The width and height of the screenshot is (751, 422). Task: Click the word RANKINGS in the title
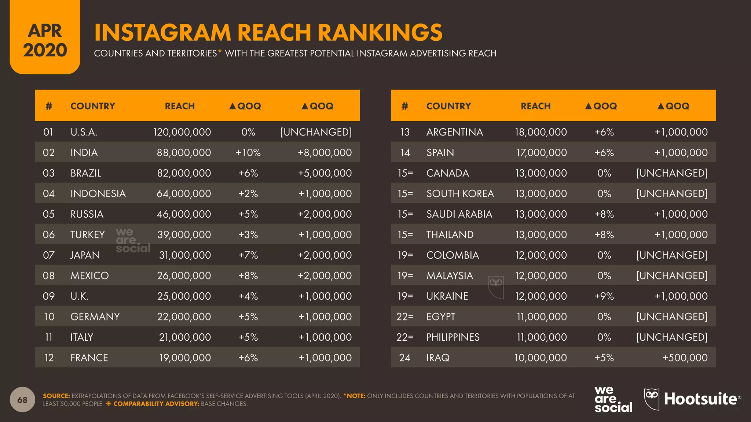click(380, 32)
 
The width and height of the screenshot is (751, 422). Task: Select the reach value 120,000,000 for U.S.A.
click(182, 132)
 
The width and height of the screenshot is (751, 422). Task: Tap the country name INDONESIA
click(98, 193)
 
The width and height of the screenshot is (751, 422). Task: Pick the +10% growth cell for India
click(248, 152)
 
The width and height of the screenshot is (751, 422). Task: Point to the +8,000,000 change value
click(325, 152)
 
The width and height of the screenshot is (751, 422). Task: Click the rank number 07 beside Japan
click(48, 255)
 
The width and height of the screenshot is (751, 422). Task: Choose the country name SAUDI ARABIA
click(459, 214)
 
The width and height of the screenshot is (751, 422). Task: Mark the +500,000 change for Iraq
click(685, 358)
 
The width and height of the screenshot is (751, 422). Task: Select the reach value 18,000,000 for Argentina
click(541, 132)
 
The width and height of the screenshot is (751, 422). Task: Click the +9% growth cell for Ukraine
click(604, 296)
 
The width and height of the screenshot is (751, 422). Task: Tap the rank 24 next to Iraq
click(404, 358)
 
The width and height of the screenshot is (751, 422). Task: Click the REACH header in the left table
click(180, 106)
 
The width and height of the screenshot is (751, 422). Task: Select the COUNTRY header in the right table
click(448, 106)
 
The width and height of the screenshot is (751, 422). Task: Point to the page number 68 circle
click(22, 400)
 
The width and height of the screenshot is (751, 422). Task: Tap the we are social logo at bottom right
click(613, 400)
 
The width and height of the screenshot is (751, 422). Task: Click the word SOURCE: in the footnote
click(56, 396)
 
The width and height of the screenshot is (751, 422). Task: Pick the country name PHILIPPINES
click(453, 337)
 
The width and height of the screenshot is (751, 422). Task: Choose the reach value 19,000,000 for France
click(185, 358)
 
